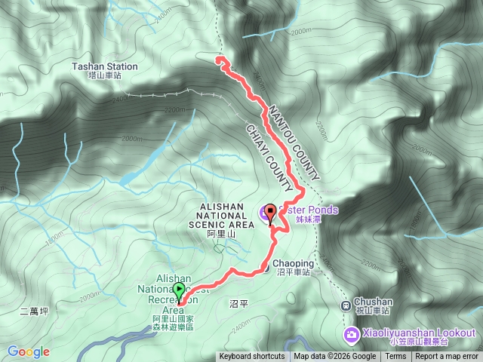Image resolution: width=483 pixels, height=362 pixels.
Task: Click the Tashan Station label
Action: pyautogui.click(x=105, y=70)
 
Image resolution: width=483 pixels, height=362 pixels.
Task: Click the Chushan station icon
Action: pyautogui.click(x=345, y=305)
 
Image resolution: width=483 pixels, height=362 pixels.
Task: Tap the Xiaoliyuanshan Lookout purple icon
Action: pyautogui.click(x=352, y=333)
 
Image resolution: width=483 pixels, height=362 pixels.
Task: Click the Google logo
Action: pyautogui.click(x=29, y=351)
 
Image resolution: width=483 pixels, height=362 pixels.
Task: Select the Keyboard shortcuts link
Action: pyautogui.click(x=252, y=357)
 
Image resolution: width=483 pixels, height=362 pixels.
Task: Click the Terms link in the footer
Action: pyautogui.click(x=395, y=357)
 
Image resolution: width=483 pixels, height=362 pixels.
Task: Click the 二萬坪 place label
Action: pyautogui.click(x=34, y=311)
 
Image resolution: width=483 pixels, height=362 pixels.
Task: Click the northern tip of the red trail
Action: pyautogui.click(x=219, y=58)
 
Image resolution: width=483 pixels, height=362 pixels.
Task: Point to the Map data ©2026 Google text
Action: pyautogui.click(x=334, y=357)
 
